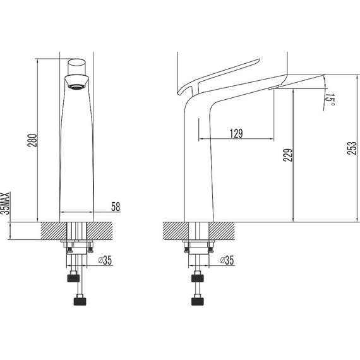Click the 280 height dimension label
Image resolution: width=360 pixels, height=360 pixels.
click(32, 140)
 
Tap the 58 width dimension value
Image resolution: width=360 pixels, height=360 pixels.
click(116, 207)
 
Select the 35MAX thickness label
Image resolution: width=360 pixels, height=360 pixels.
click(6, 203)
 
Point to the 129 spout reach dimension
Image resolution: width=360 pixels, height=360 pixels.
click(236, 134)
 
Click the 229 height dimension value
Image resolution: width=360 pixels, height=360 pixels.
click(288, 155)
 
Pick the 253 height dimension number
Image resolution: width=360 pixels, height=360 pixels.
click(352, 148)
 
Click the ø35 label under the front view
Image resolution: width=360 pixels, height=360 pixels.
click(105, 260)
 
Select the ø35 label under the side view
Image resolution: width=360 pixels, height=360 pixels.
click(227, 260)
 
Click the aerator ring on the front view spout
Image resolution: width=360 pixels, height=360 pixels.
click(76, 87)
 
